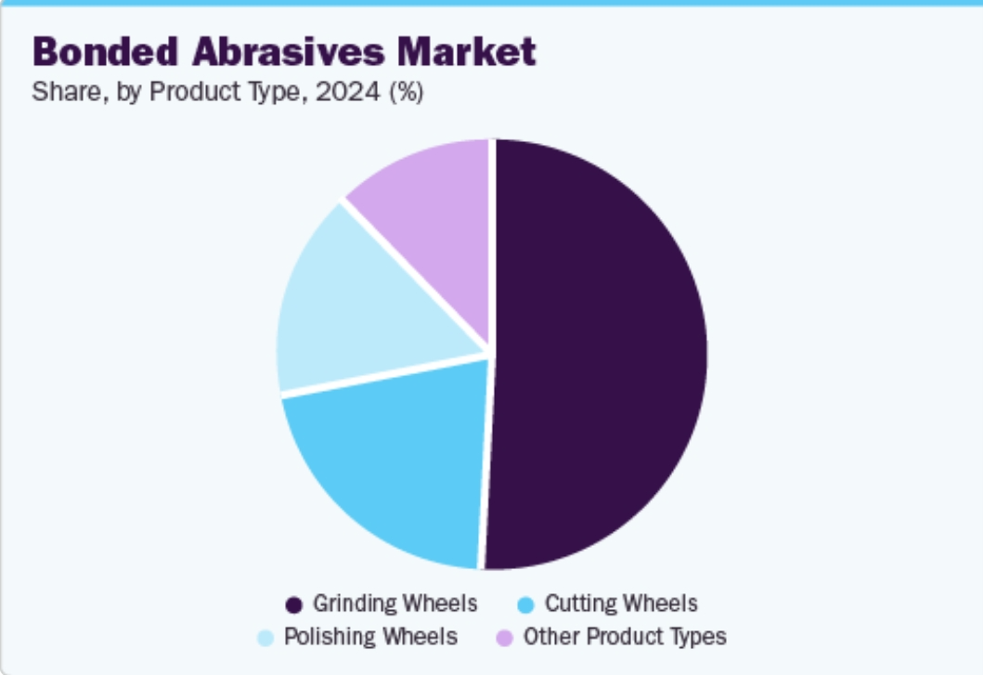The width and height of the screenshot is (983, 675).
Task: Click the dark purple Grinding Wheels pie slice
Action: click(599, 353)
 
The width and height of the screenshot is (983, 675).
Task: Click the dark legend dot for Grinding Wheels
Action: click(294, 605)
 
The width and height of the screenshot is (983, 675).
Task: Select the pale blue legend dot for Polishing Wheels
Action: click(265, 638)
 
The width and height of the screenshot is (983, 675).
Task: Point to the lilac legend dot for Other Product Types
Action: click(505, 638)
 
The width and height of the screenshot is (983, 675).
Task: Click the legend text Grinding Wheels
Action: click(394, 604)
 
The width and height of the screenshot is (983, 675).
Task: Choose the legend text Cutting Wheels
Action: click(621, 604)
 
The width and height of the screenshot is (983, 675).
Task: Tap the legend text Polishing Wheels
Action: click(370, 637)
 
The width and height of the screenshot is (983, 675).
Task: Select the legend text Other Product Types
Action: click(625, 637)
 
